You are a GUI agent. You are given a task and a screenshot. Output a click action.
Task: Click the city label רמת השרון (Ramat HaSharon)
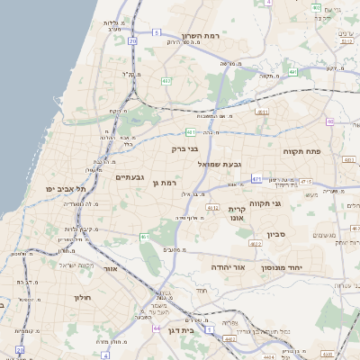(x=202, y=37)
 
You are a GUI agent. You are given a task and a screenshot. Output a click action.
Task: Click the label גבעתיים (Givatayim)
(x=130, y=177)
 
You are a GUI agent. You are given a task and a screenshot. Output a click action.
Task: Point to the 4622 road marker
(x=256, y=243)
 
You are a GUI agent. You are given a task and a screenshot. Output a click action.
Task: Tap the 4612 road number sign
(x=213, y=207)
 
